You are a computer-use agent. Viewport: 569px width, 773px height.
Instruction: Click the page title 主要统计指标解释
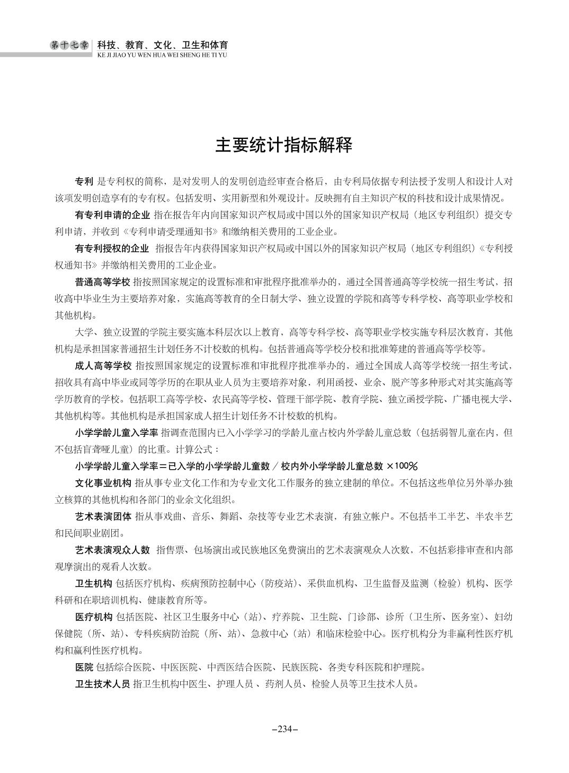click(x=284, y=145)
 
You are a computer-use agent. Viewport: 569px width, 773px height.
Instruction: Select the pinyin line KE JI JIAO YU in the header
click(x=162, y=55)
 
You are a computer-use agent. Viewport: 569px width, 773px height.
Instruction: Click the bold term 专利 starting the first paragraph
click(x=84, y=181)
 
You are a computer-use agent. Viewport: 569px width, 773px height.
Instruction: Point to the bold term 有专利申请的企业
click(x=112, y=215)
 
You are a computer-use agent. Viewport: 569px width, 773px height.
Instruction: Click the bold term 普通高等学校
click(x=103, y=282)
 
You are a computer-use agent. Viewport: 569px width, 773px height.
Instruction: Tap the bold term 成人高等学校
click(x=103, y=365)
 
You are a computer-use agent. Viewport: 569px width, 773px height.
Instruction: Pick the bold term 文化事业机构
click(x=103, y=483)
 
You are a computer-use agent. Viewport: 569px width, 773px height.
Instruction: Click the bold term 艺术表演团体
click(x=103, y=516)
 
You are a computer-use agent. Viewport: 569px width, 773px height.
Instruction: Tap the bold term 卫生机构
click(x=93, y=583)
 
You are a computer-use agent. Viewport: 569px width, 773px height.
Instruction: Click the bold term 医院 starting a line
click(x=84, y=666)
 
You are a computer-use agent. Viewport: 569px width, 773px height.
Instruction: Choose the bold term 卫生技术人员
click(x=103, y=683)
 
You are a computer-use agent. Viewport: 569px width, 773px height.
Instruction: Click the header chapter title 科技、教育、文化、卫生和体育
click(x=163, y=45)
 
